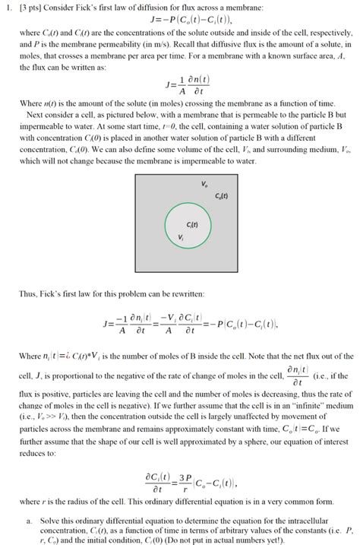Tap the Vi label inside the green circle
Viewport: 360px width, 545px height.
(x=180, y=238)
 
